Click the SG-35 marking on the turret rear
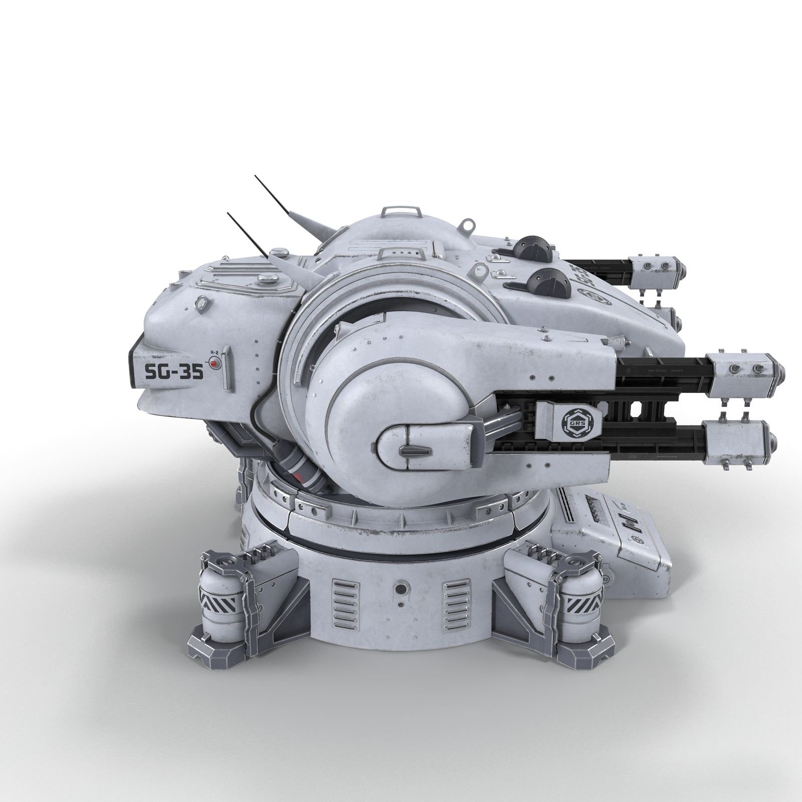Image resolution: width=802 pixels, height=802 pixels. (x=173, y=372)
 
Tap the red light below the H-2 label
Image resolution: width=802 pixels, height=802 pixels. (x=214, y=363)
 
